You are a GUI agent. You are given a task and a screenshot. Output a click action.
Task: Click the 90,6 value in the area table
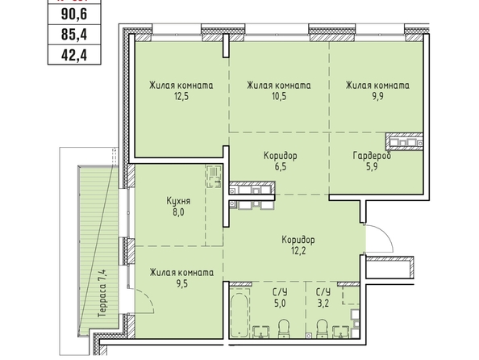[74, 14]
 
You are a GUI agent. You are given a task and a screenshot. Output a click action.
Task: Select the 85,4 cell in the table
[74, 34]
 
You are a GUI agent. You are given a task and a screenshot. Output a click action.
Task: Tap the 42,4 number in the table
[74, 56]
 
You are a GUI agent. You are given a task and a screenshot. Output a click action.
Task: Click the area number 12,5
[181, 97]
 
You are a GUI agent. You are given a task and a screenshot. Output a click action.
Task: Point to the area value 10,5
[279, 97]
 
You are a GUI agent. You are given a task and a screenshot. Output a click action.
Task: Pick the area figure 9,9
[377, 97]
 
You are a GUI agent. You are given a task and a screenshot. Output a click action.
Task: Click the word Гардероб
[372, 156]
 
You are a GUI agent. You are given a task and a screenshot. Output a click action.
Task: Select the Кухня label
[178, 201]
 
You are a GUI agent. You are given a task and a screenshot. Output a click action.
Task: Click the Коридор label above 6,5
[280, 156]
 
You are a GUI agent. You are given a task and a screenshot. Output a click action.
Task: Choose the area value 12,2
[298, 251]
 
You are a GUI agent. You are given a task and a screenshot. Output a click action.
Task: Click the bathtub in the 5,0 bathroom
[240, 315]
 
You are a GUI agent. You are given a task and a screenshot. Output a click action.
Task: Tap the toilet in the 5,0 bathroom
[284, 329]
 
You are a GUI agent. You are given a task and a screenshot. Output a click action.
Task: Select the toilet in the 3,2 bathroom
[322, 329]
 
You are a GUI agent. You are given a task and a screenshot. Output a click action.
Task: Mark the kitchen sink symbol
[214, 177]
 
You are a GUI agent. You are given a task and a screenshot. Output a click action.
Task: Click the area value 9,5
[181, 284]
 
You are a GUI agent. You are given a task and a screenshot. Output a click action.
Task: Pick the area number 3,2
[323, 303]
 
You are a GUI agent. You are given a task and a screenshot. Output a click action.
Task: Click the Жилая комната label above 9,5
[181, 273]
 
